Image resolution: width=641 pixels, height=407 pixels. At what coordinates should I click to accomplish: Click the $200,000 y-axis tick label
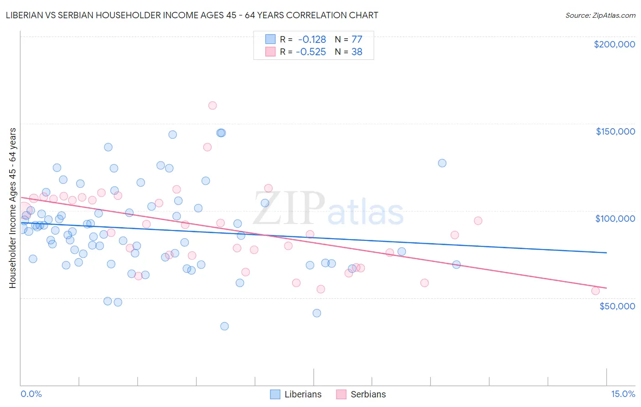(614, 44)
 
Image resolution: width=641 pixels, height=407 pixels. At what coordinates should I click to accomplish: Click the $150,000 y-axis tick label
(615, 131)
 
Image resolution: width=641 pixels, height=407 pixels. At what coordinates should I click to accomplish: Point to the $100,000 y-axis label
(615, 219)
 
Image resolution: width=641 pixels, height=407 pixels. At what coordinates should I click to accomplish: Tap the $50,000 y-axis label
(617, 306)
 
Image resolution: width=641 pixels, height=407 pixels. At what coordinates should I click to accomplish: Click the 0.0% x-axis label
(31, 394)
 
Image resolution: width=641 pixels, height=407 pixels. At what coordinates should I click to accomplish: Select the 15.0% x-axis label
(622, 394)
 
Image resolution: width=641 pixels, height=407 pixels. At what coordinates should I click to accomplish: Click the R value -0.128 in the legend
(312, 40)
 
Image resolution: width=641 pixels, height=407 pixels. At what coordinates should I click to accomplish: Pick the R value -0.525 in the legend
(311, 52)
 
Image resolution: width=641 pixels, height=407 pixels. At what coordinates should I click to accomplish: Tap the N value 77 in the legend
(357, 40)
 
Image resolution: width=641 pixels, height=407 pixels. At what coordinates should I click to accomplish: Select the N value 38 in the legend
(357, 52)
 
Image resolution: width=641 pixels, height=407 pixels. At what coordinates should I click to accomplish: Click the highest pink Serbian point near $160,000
(212, 105)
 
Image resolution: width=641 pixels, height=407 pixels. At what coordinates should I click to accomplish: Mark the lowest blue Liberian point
(224, 326)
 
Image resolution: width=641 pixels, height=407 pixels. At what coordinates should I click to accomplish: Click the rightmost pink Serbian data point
(595, 291)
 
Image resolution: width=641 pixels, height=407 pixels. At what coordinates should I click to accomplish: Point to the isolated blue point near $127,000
(442, 163)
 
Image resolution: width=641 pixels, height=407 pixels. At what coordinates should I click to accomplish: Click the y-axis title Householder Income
(12, 208)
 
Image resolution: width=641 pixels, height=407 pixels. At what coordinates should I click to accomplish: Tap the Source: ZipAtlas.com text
(600, 15)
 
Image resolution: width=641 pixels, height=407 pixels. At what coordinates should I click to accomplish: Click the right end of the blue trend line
(606, 253)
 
